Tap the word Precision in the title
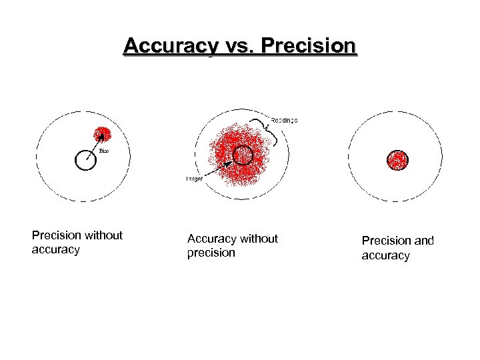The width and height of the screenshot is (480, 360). (x=310, y=47)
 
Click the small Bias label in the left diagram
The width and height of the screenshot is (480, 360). (x=103, y=151)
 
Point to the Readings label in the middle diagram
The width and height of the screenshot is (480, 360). (x=284, y=120)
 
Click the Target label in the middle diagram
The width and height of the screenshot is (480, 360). (x=195, y=179)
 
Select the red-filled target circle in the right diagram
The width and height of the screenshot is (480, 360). (x=397, y=160)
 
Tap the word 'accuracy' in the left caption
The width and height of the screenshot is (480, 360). (x=55, y=250)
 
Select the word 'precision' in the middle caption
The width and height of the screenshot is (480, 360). (x=211, y=253)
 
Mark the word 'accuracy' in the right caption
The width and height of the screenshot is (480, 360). (x=385, y=256)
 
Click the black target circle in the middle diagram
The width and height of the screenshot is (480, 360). (x=243, y=155)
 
